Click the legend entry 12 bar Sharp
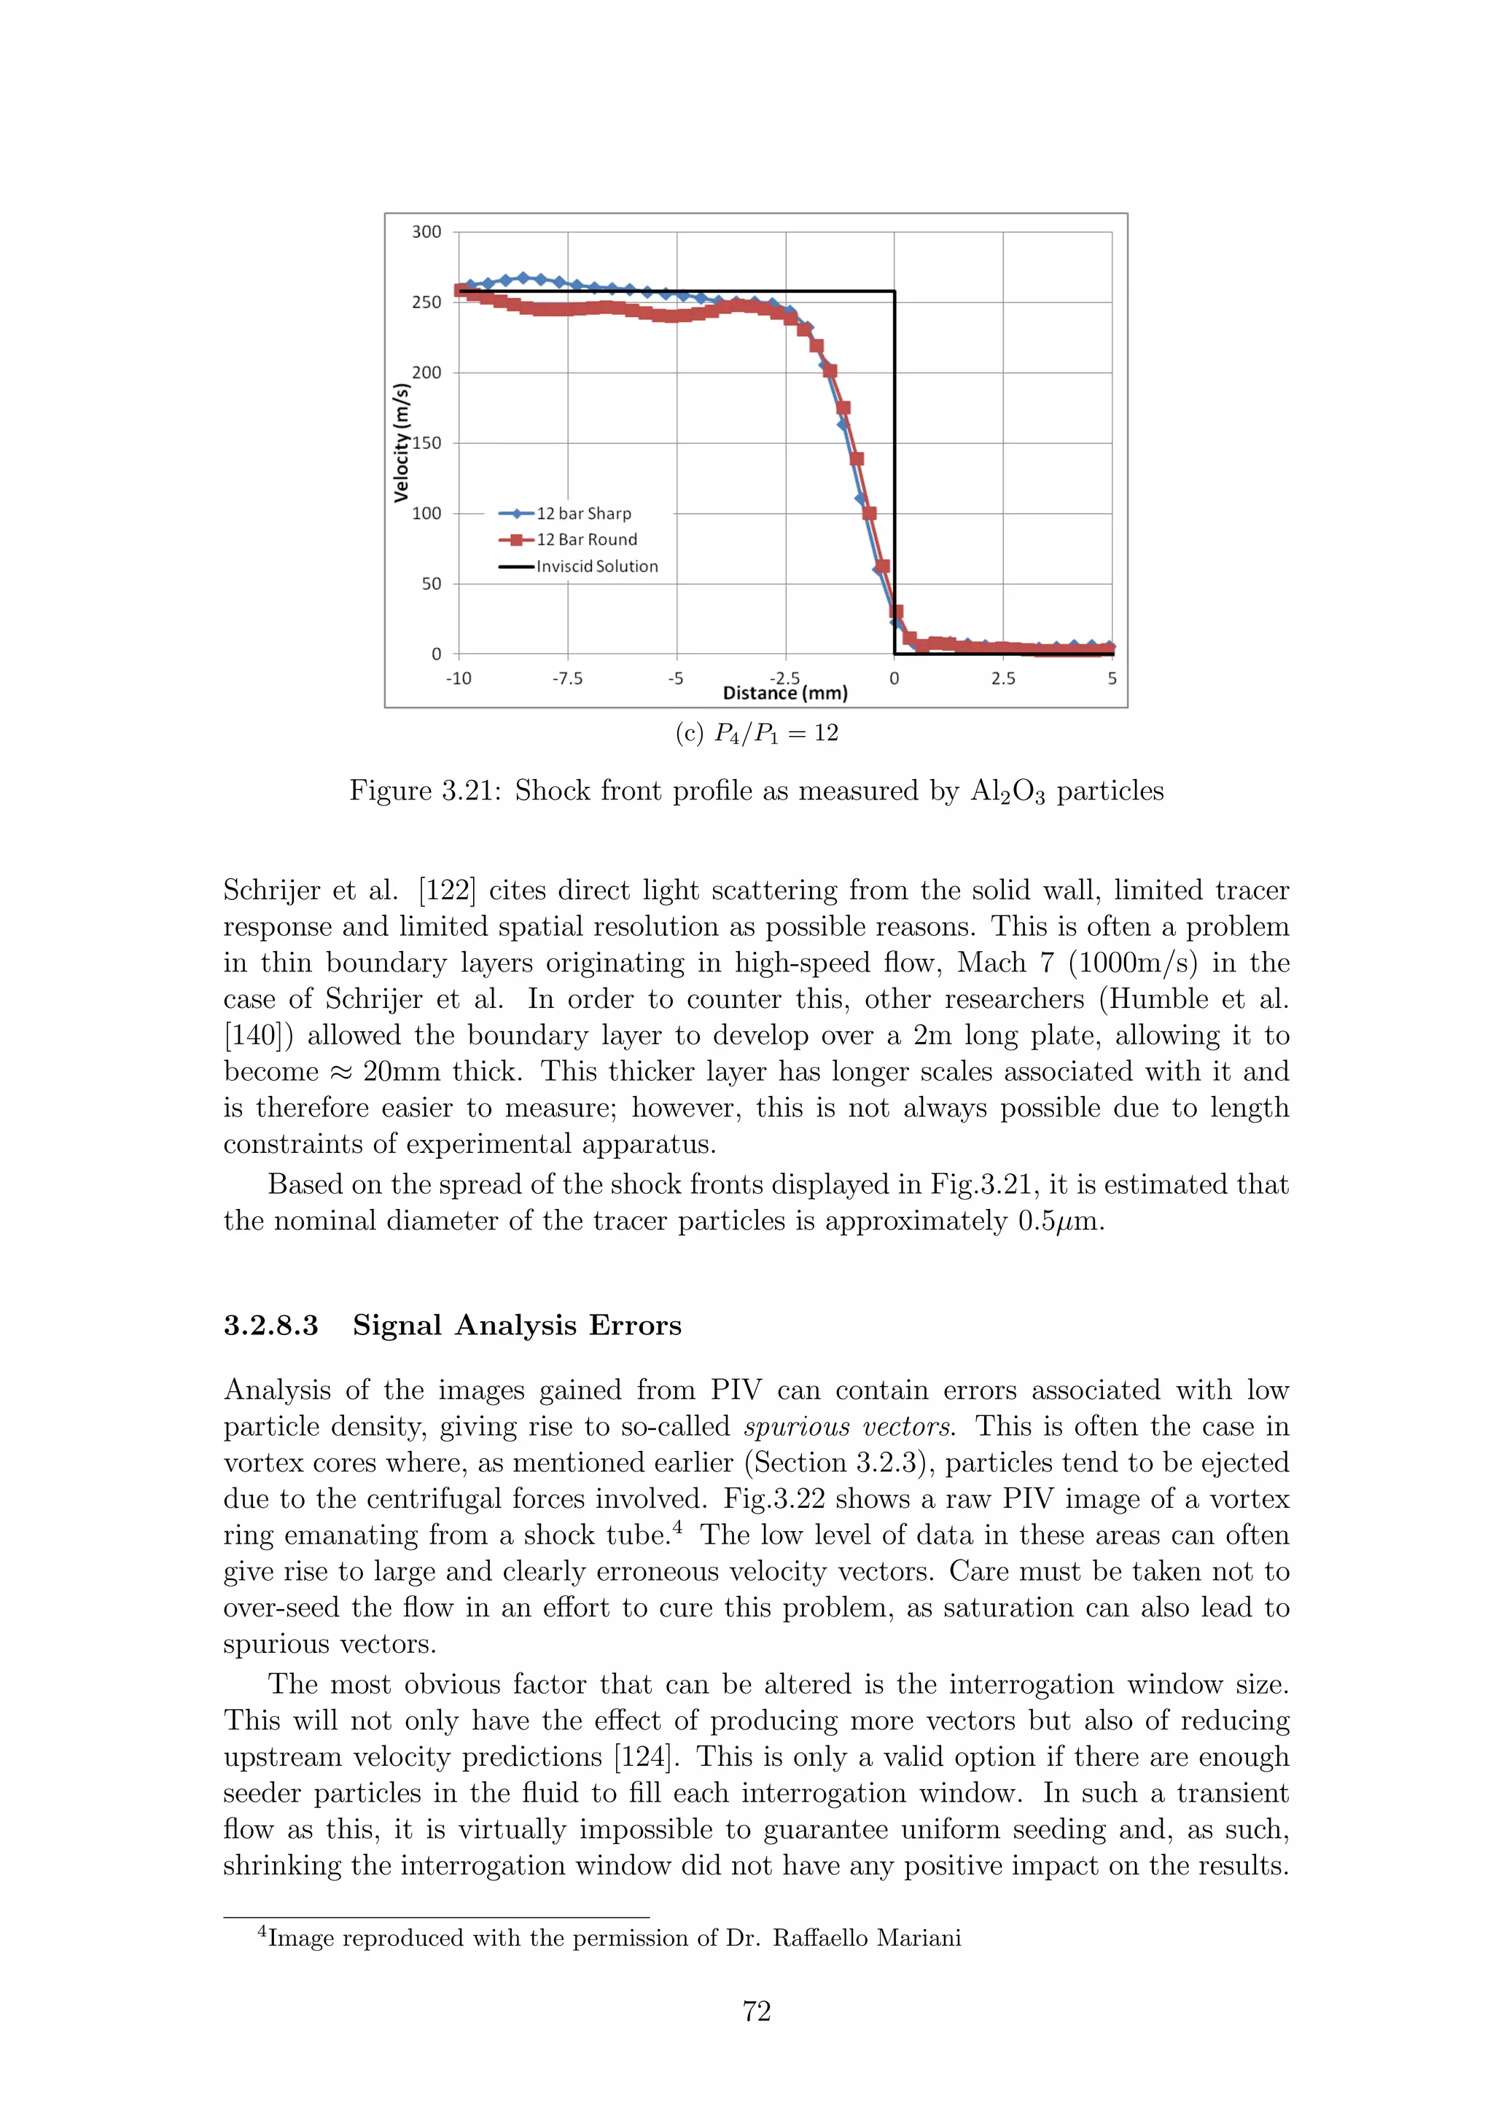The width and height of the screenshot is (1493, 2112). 583,513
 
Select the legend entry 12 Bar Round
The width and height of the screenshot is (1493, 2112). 586,540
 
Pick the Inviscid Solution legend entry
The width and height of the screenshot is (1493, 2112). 597,567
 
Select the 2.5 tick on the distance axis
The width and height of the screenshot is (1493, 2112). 1002,679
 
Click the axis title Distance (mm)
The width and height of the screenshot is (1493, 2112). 784,694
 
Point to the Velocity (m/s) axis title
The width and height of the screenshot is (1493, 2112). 401,443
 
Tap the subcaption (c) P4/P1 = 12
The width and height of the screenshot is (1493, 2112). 756,733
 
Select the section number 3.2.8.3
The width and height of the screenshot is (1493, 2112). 270,1326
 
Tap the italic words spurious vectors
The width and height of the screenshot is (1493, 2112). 848,1427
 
